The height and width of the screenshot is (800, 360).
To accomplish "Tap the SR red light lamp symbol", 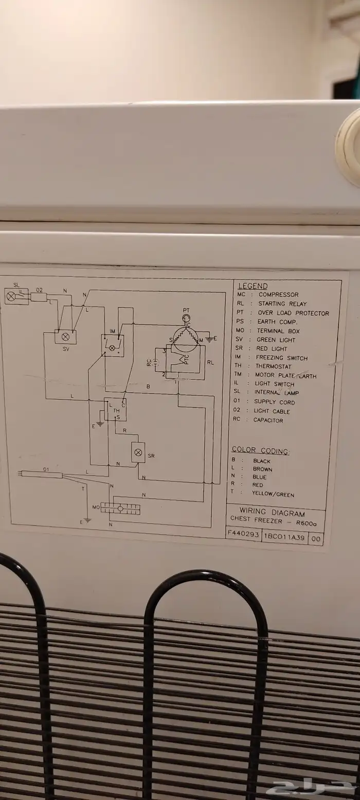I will (x=138, y=452).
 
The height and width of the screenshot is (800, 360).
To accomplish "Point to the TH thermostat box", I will (x=116, y=410).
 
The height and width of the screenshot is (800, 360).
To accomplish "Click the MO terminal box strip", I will (x=120, y=508).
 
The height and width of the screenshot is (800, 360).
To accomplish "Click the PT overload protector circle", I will (x=186, y=318).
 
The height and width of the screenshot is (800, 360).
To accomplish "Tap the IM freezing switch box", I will (x=112, y=346).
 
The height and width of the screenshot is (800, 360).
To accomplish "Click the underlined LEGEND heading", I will (x=253, y=286).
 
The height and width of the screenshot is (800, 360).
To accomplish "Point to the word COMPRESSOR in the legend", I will (x=278, y=295).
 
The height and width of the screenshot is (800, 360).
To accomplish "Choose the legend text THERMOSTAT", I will (x=273, y=367).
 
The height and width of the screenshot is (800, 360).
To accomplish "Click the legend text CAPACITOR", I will (x=268, y=420).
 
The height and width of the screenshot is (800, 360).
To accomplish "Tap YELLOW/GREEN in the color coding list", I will (x=273, y=494).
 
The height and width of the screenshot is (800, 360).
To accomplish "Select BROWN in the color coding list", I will (x=262, y=469).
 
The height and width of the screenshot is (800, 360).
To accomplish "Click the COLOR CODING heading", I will (x=260, y=451).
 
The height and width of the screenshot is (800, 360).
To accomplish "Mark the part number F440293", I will (x=243, y=534).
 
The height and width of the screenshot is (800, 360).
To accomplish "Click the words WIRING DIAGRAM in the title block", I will (x=272, y=512).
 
